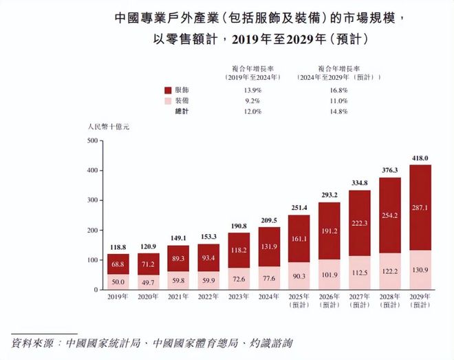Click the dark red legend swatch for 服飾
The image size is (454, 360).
[168, 90]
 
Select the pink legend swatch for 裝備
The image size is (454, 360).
[168, 100]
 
